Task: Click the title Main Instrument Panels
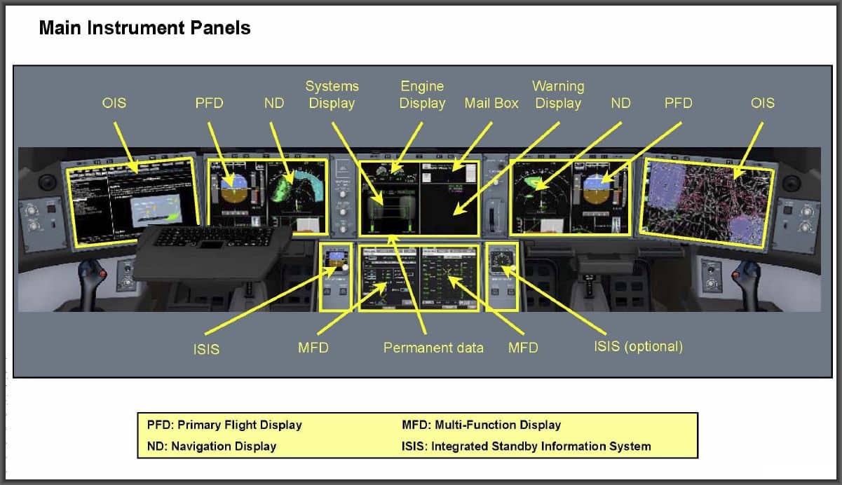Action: (x=144, y=28)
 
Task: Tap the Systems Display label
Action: (x=332, y=95)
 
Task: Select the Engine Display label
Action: (x=422, y=95)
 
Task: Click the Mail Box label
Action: (x=491, y=103)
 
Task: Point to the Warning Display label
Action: (x=558, y=95)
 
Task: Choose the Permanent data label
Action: (x=433, y=347)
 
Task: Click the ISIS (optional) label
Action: (x=638, y=346)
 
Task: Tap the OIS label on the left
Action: (x=114, y=103)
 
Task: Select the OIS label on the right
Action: (x=763, y=103)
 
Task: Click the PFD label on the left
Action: (x=209, y=103)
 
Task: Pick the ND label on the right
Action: (x=620, y=103)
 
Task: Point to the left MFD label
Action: (x=313, y=347)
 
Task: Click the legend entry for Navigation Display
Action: (x=212, y=446)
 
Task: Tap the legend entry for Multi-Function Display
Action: (x=481, y=425)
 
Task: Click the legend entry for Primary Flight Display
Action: (x=224, y=425)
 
